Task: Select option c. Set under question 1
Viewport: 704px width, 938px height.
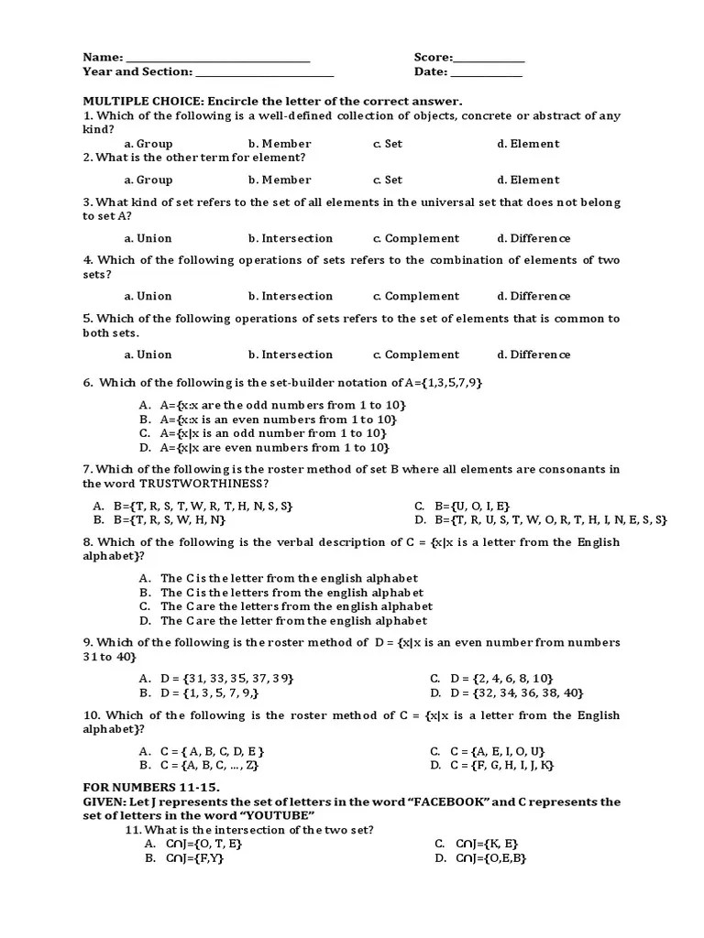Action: pyautogui.click(x=387, y=144)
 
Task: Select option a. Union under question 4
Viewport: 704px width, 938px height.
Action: pyautogui.click(x=148, y=297)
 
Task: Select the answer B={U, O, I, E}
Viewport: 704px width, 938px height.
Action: pyautogui.click(x=462, y=506)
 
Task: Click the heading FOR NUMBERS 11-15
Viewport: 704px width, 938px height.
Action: pyautogui.click(x=151, y=787)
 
